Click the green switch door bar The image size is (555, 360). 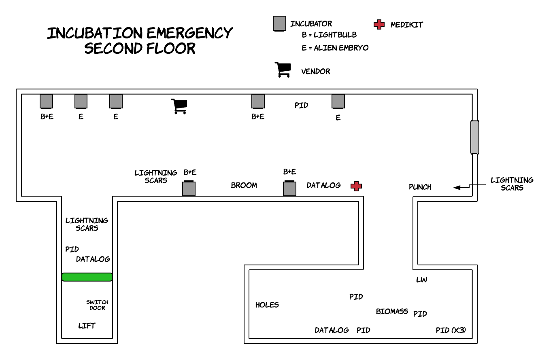point(87,277)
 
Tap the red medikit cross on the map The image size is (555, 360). point(356,186)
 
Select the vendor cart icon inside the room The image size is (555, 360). point(179,106)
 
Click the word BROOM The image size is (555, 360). point(244,185)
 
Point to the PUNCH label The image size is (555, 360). point(420,187)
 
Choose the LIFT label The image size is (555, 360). point(87,326)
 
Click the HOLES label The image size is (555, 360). point(267,305)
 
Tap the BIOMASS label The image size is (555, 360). point(392,311)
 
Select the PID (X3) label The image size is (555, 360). point(451,330)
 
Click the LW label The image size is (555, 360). point(421,280)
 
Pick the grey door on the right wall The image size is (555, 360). point(474,137)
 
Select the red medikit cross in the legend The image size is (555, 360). point(379,24)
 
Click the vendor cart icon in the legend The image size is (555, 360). point(283,70)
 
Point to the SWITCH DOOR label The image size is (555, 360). point(97,305)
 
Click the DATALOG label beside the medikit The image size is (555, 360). point(323,185)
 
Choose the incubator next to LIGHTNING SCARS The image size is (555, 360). point(189,189)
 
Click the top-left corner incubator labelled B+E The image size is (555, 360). point(47,101)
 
